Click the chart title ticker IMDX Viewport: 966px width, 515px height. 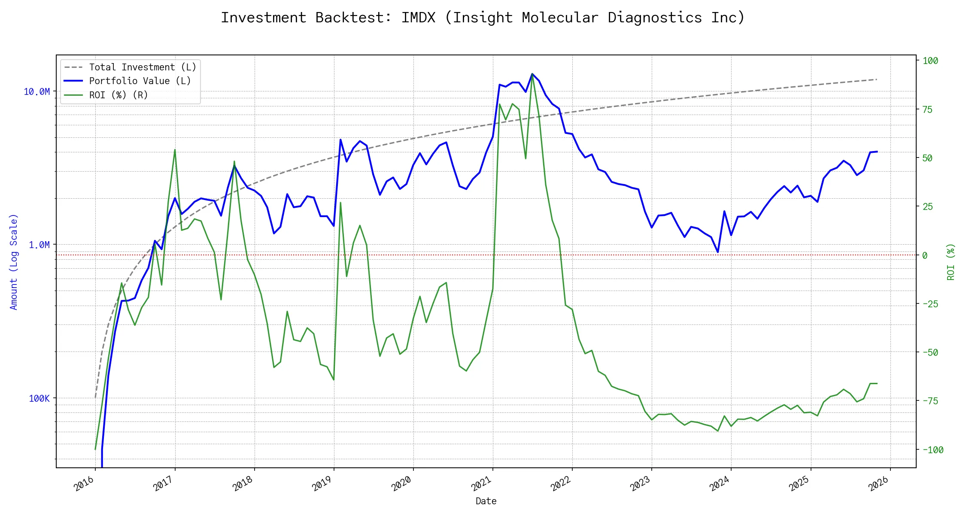(418, 18)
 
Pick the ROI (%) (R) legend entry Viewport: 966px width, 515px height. (118, 95)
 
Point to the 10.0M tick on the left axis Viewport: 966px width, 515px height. (37, 92)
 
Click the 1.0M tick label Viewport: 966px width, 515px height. (39, 245)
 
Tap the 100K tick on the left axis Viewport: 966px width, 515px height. (39, 399)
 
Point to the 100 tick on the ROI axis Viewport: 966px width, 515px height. (930, 61)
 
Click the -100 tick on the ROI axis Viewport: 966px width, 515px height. (933, 450)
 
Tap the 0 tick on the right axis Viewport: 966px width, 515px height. (925, 255)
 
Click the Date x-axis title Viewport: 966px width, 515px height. (486, 501)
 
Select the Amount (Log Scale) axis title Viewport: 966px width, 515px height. (14, 262)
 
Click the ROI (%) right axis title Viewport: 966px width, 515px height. (951, 262)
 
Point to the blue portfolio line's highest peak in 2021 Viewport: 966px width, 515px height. (532, 74)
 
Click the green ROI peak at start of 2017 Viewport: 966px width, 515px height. (175, 150)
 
